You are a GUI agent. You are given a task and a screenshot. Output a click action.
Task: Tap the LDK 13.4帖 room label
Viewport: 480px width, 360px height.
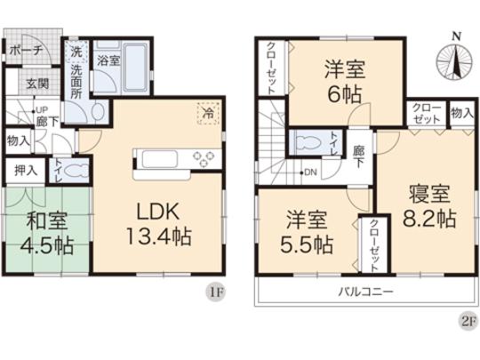159,224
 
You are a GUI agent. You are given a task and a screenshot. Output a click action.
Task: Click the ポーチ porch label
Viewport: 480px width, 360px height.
26,51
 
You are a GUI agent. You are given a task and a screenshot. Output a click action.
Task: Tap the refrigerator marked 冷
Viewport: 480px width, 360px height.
206,114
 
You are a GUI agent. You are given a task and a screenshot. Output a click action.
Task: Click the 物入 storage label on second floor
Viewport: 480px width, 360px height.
460,112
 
